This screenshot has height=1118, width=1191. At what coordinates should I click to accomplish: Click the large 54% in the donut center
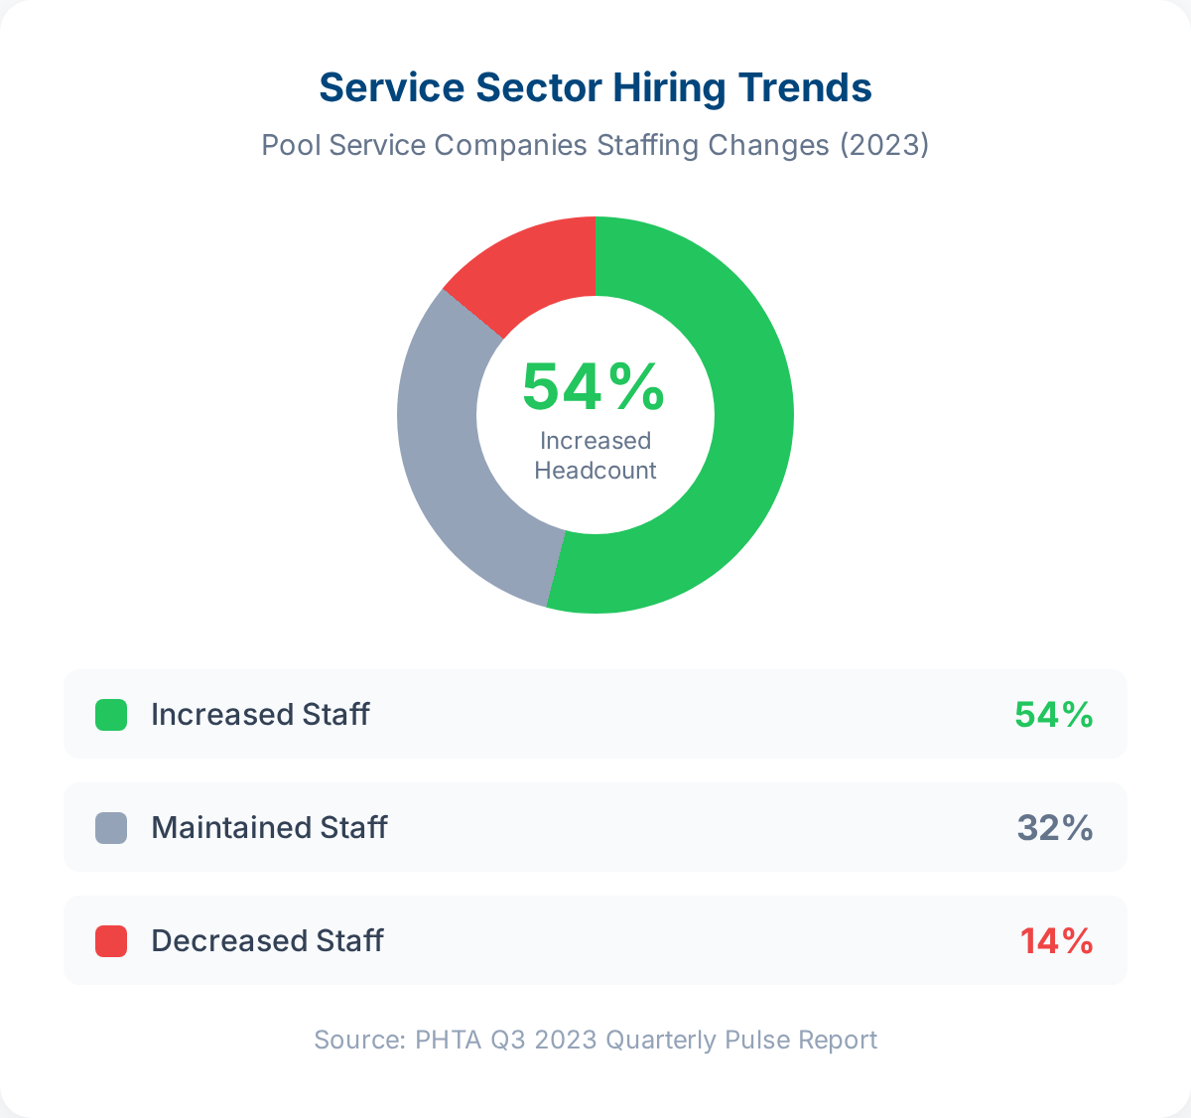[594, 387]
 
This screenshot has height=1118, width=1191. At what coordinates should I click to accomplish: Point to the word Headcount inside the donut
[595, 471]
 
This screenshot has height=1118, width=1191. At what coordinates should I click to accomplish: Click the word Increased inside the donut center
[595, 441]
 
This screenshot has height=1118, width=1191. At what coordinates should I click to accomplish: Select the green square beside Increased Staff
[111, 715]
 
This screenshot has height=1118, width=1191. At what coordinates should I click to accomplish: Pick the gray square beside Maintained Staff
[111, 828]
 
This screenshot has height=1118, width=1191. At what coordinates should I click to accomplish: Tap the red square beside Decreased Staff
[111, 941]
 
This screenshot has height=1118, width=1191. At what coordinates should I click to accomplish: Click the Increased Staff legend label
[260, 715]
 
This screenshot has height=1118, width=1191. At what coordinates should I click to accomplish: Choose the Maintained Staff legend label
[269, 828]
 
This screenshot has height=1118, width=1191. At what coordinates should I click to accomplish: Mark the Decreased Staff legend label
[267, 941]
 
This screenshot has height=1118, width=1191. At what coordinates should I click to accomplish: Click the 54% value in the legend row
[1053, 715]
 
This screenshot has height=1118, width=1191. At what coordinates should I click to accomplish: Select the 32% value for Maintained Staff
[1055, 828]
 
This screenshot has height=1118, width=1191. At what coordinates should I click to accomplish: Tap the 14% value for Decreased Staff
[1056, 941]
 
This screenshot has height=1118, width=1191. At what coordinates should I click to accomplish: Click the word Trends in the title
[805, 87]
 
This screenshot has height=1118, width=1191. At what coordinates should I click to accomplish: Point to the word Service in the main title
[392, 87]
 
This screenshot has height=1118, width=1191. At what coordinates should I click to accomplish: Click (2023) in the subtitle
[884, 145]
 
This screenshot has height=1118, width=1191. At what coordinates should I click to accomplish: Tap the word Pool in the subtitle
[291, 145]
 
